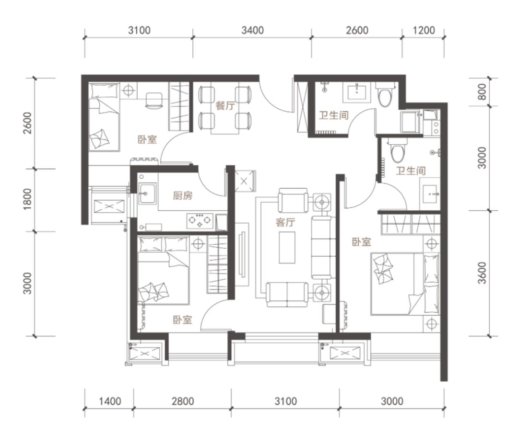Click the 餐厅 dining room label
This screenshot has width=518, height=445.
(225, 106)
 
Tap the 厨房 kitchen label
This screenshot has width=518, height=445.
(183, 195)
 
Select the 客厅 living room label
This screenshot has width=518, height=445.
(285, 222)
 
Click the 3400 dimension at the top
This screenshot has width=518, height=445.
(252, 30)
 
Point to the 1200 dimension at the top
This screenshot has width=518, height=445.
(424, 30)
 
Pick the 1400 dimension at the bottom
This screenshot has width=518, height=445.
(110, 401)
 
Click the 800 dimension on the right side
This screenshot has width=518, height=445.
(483, 92)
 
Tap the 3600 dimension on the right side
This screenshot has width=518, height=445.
(483, 273)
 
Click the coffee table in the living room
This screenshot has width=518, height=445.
(287, 247)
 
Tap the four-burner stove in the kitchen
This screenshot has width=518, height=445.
(200, 221)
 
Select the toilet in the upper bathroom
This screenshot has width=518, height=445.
(385, 94)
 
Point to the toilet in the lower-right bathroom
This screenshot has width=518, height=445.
(398, 150)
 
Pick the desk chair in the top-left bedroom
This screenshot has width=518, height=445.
(154, 100)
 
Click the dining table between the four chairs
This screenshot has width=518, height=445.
(225, 109)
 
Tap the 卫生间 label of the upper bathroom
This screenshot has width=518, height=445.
(334, 115)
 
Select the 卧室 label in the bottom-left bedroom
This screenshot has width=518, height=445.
(183, 319)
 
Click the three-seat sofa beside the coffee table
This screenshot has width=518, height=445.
(321, 247)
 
